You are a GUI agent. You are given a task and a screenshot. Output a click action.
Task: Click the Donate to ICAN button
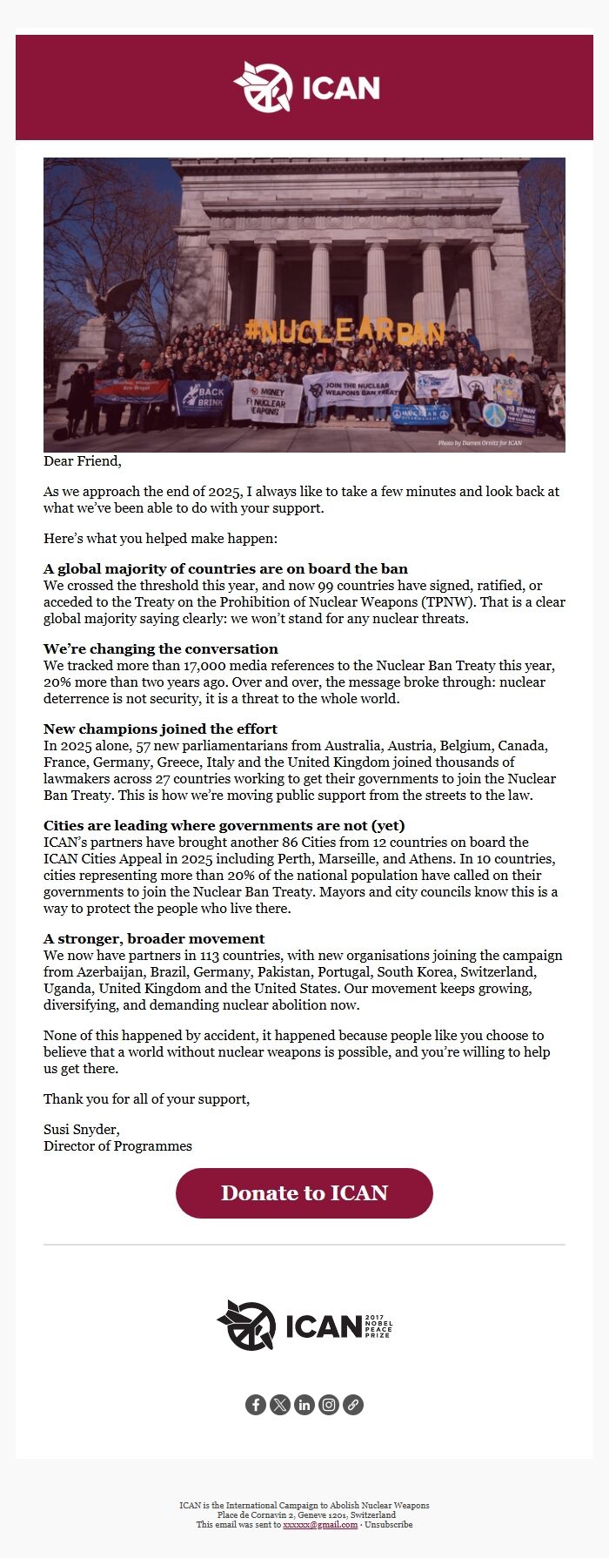click(304, 1192)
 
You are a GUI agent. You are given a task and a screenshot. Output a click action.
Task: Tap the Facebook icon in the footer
click(255, 1405)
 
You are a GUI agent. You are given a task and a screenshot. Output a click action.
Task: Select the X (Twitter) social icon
click(279, 1405)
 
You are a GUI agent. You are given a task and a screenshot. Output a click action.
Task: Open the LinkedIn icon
click(304, 1405)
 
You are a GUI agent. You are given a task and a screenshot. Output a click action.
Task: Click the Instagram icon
click(329, 1405)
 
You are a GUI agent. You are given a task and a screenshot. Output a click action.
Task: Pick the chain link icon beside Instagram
click(353, 1405)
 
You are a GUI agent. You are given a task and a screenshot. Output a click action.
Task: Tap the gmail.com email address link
click(320, 1524)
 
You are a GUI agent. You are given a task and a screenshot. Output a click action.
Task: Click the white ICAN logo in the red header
click(306, 87)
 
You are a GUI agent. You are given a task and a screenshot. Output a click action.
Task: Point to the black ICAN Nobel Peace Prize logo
click(304, 1325)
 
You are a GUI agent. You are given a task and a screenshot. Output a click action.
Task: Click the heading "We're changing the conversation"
click(161, 648)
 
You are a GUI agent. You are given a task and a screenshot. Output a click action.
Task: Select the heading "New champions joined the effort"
click(161, 729)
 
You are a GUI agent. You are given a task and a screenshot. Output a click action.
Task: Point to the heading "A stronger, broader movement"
click(154, 938)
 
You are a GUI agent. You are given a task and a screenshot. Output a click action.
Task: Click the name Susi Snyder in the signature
click(81, 1130)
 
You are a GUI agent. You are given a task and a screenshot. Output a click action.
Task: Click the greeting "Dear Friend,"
click(83, 461)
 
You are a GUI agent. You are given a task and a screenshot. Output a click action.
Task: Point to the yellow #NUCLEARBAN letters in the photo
click(345, 331)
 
